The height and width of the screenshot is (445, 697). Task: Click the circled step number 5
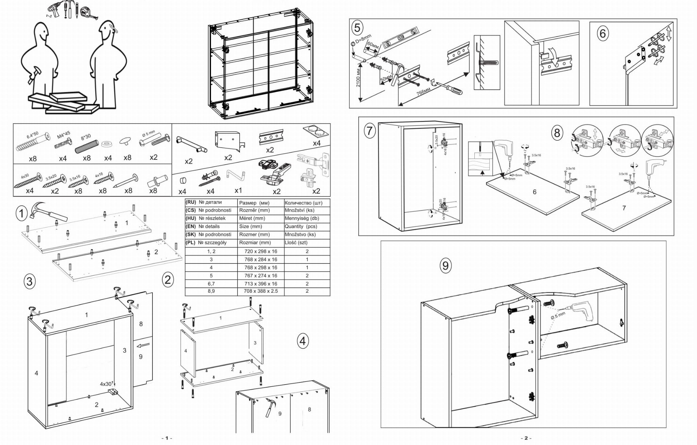coord(357,28)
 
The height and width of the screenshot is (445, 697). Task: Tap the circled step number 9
coord(445,265)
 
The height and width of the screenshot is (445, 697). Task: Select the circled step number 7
coord(370,131)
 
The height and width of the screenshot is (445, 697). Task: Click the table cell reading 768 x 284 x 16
coord(261,259)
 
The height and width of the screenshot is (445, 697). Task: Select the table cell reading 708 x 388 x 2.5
coord(261,291)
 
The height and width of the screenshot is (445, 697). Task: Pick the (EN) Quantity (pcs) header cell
coord(301,226)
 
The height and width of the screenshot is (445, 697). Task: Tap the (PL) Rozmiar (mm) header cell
coord(255,243)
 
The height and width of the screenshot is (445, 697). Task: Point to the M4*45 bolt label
coord(63,135)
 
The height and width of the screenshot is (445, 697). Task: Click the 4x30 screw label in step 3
coord(106,384)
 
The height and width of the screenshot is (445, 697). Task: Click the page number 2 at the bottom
coord(525,438)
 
